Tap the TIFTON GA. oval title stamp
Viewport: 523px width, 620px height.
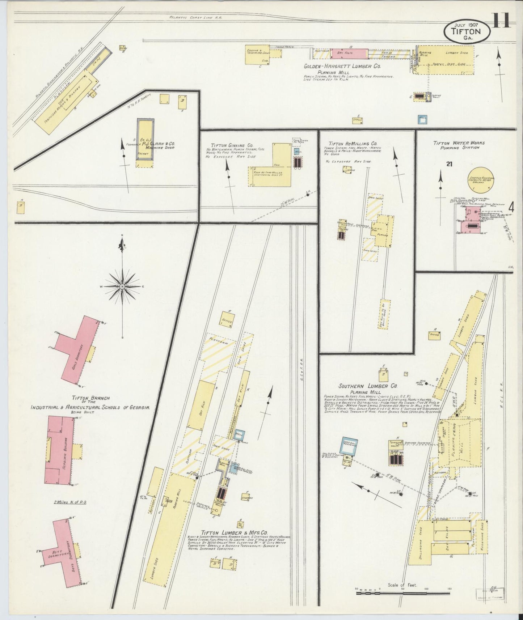point(467,31)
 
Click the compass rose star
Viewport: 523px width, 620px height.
point(122,286)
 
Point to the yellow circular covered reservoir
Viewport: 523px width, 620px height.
point(482,179)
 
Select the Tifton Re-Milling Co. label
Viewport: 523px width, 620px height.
point(353,144)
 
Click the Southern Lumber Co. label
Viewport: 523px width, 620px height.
point(368,386)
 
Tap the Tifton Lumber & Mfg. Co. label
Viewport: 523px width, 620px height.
point(234,533)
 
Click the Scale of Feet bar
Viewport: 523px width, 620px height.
point(401,594)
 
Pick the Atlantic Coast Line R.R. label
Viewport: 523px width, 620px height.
point(195,17)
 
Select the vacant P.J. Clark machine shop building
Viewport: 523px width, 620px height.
point(145,139)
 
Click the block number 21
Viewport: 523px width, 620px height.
point(449,164)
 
